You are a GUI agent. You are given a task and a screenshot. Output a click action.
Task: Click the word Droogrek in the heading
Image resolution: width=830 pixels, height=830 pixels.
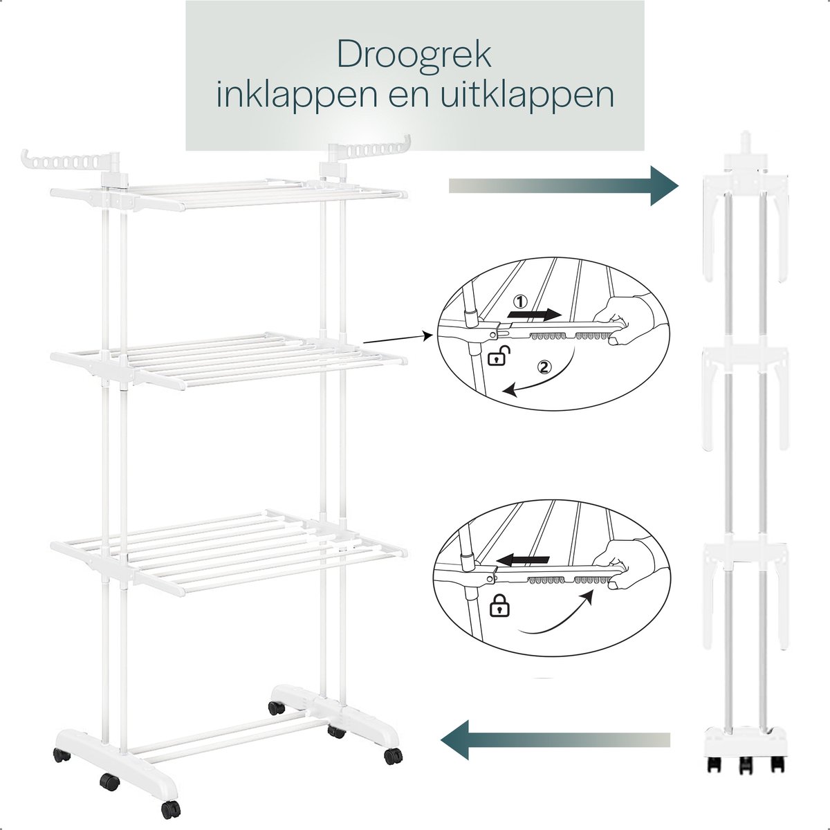click(414, 54)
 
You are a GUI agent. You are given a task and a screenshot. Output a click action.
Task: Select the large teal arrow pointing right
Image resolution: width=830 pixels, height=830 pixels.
click(564, 185)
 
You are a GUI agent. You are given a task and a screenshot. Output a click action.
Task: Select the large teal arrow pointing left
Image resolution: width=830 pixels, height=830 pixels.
click(555, 438)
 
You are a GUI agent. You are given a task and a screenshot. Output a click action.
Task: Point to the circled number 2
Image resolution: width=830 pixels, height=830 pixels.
click(544, 367)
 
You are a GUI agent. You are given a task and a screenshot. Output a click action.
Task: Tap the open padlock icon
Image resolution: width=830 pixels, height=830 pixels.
click(499, 356)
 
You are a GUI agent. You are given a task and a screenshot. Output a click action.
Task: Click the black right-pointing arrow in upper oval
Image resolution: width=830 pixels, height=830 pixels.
click(535, 315)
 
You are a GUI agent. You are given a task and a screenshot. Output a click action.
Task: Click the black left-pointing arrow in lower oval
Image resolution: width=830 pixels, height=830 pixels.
click(522, 560)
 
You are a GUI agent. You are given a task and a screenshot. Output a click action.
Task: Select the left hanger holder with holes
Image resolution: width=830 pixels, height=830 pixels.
click(71, 163)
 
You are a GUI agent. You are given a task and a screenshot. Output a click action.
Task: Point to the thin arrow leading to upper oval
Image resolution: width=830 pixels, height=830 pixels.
click(398, 338)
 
